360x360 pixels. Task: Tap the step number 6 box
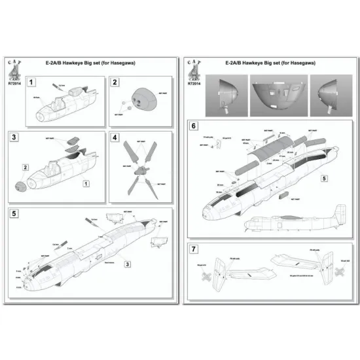[x=194, y=124]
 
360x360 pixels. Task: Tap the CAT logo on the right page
[x=192, y=65]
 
